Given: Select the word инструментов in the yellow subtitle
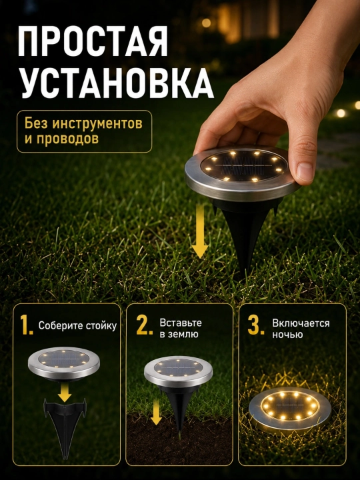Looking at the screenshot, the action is [97, 124].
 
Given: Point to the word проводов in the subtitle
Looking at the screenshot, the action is [67, 139].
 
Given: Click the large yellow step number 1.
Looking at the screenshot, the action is [26, 325].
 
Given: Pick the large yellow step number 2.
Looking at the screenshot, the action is [145, 325].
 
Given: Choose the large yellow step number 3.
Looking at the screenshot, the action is [256, 325].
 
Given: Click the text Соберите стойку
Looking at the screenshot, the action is [77, 326].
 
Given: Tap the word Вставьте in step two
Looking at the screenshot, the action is [181, 323].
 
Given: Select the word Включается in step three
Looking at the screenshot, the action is [301, 323].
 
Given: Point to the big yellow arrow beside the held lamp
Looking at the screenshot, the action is [200, 231].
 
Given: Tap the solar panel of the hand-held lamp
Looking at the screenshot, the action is [244, 165].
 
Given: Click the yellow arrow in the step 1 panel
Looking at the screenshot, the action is [65, 392].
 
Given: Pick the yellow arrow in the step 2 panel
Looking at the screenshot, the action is [156, 412].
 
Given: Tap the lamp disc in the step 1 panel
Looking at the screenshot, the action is [64, 363].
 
